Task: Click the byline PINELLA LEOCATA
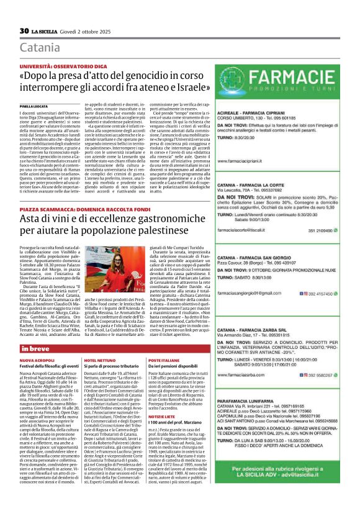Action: (33, 107)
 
